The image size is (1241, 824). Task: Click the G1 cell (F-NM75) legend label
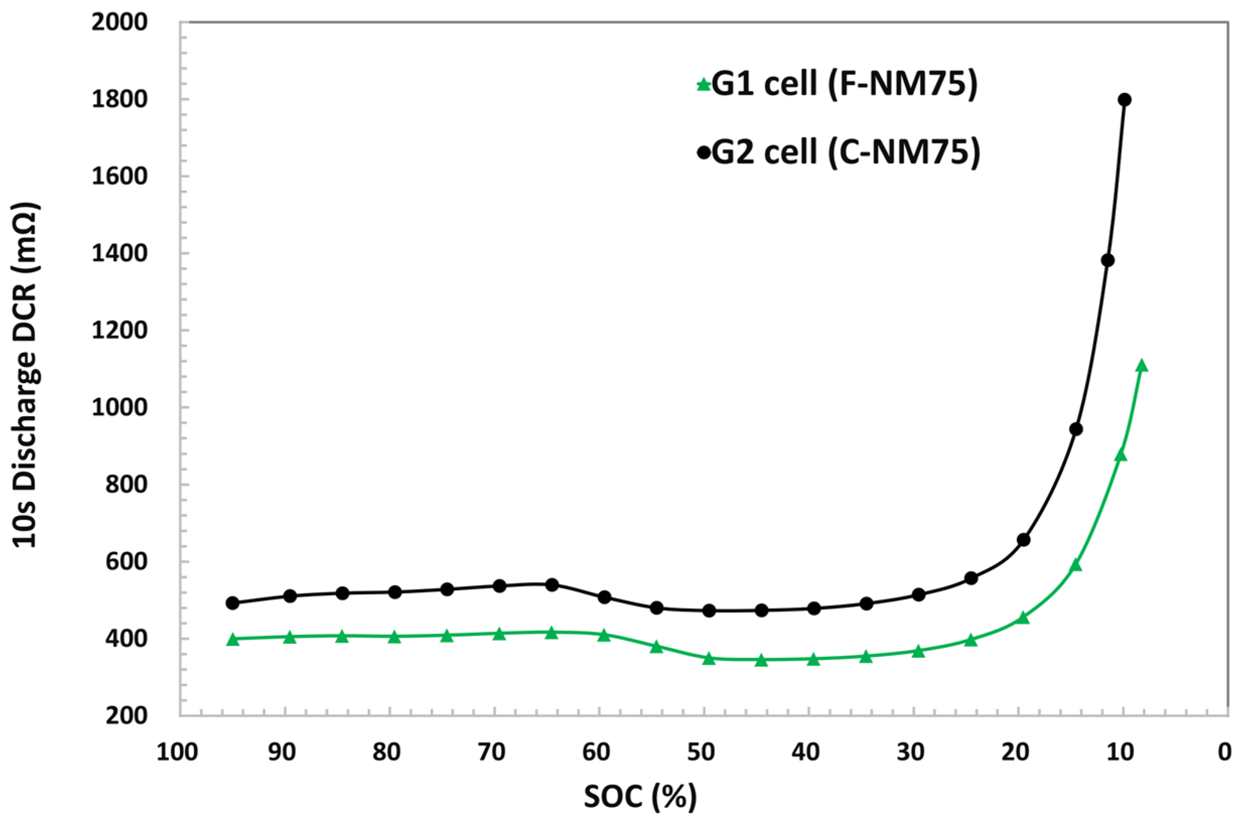click(x=844, y=84)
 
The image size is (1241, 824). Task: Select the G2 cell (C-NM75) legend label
click(x=845, y=153)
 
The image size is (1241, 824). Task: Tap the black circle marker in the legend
click(x=703, y=153)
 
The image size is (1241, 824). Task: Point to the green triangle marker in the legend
click(x=703, y=85)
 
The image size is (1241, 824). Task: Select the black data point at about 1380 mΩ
click(x=1108, y=260)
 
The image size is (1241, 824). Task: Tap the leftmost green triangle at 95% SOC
click(x=233, y=640)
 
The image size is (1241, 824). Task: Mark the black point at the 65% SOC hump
click(x=552, y=584)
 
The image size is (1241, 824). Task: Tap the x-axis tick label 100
click(x=177, y=753)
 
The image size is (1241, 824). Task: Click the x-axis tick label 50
click(x=702, y=753)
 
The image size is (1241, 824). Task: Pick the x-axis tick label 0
click(x=1225, y=753)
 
